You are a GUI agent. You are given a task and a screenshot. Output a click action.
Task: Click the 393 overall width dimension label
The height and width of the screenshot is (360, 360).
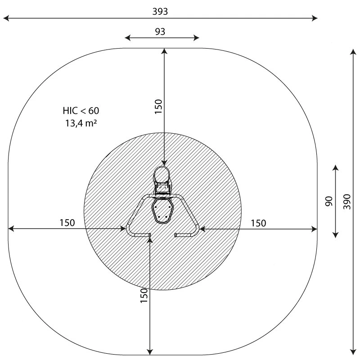pyautogui.click(x=160, y=12)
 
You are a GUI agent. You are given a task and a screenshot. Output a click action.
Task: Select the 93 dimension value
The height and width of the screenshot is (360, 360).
pyautogui.click(x=160, y=31)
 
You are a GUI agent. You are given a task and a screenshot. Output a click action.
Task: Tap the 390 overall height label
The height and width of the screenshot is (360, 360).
pyautogui.click(x=347, y=202)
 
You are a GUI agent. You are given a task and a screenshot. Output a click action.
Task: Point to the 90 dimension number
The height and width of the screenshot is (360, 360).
pyautogui.click(x=329, y=201)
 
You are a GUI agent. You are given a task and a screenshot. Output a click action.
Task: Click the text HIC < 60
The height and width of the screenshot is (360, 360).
pyautogui.click(x=81, y=111)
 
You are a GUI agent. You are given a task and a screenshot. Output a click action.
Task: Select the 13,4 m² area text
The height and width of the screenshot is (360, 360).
pyautogui.click(x=81, y=123)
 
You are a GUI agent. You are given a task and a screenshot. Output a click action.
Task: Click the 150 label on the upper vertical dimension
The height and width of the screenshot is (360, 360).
pyautogui.click(x=158, y=107)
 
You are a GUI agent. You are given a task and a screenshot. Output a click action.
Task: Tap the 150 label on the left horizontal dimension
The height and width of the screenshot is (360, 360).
pyautogui.click(x=67, y=223)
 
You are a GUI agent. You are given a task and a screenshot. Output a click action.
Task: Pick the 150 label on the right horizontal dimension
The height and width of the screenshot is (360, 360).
pyautogui.click(x=258, y=223)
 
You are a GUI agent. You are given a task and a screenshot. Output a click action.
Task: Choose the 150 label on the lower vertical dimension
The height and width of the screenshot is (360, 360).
pyautogui.click(x=144, y=296)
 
